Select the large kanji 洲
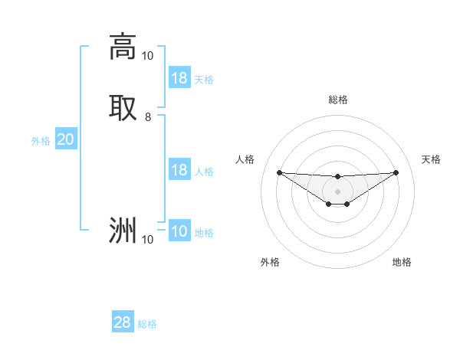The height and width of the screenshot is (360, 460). (x=123, y=230)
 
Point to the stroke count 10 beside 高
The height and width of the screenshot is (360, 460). (x=147, y=56)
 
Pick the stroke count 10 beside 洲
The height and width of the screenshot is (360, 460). (x=147, y=240)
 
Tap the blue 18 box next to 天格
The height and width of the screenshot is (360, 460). (x=179, y=78)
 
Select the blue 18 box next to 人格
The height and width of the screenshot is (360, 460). (x=179, y=170)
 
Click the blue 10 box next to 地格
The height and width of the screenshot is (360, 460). (x=179, y=232)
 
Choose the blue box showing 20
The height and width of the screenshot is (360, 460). (x=65, y=139)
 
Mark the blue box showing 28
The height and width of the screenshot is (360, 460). (x=123, y=322)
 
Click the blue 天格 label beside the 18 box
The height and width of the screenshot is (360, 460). (x=204, y=80)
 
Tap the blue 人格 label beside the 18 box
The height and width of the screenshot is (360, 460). (x=204, y=172)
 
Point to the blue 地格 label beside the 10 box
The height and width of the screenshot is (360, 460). (x=204, y=233)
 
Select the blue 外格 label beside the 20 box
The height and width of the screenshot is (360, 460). (x=41, y=141)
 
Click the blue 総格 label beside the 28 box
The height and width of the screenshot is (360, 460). (x=147, y=324)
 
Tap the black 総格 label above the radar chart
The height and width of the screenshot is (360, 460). (x=338, y=100)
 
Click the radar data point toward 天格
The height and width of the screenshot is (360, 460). (x=396, y=172)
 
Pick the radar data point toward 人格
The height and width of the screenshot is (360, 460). (x=279, y=172)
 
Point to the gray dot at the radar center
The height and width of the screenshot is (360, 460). (x=337, y=191)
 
